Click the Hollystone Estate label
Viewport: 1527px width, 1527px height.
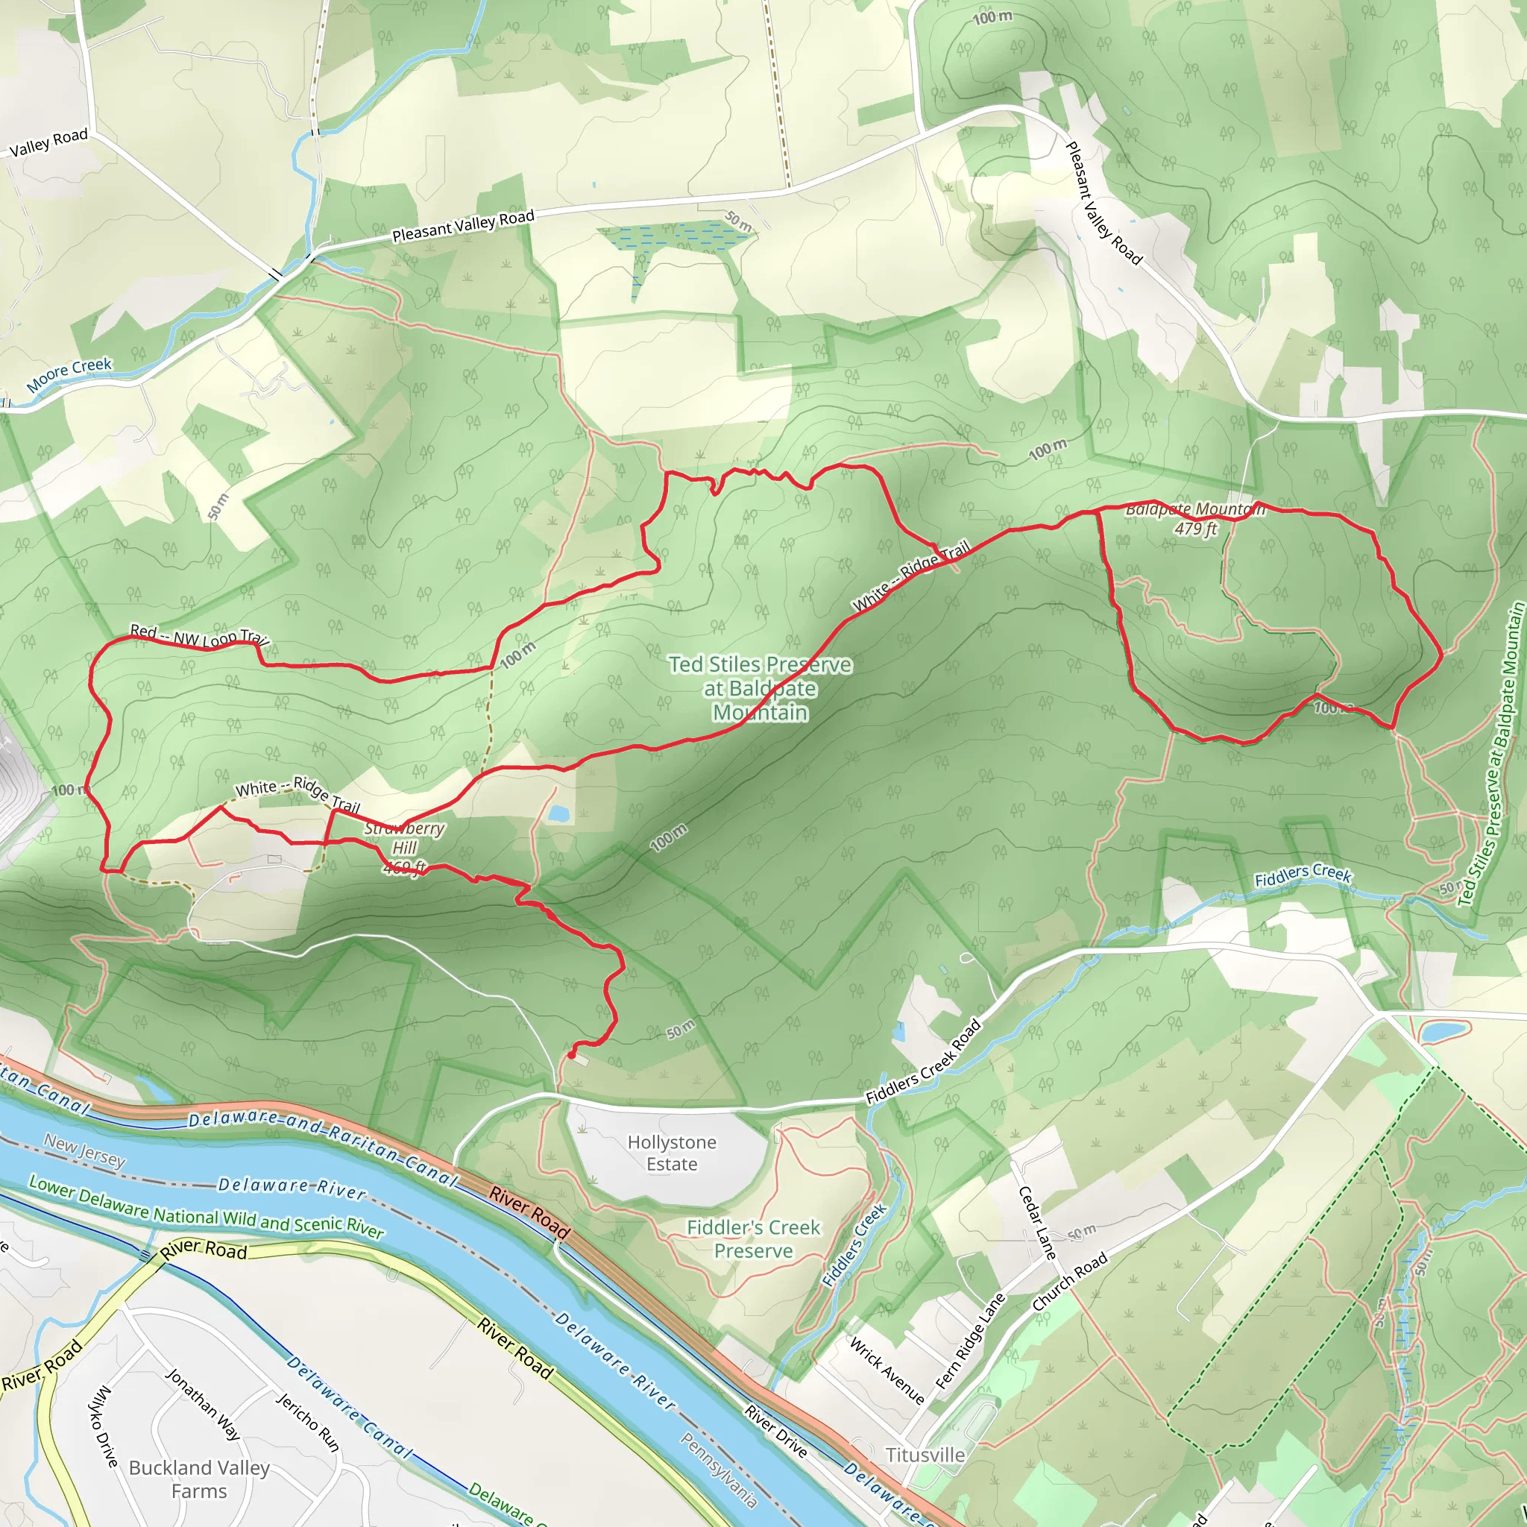click(672, 1153)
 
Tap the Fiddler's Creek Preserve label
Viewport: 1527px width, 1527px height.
click(753, 1239)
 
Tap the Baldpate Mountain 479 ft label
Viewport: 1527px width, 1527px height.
click(1194, 518)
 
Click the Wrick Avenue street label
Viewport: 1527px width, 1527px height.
click(886, 1370)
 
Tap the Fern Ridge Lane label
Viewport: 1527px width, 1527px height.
click(970, 1341)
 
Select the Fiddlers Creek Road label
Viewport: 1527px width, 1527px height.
click(923, 1062)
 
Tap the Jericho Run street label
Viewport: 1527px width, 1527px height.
click(307, 1423)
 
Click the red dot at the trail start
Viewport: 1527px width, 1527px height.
click(570, 1054)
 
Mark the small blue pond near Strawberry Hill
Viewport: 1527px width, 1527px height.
click(558, 813)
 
